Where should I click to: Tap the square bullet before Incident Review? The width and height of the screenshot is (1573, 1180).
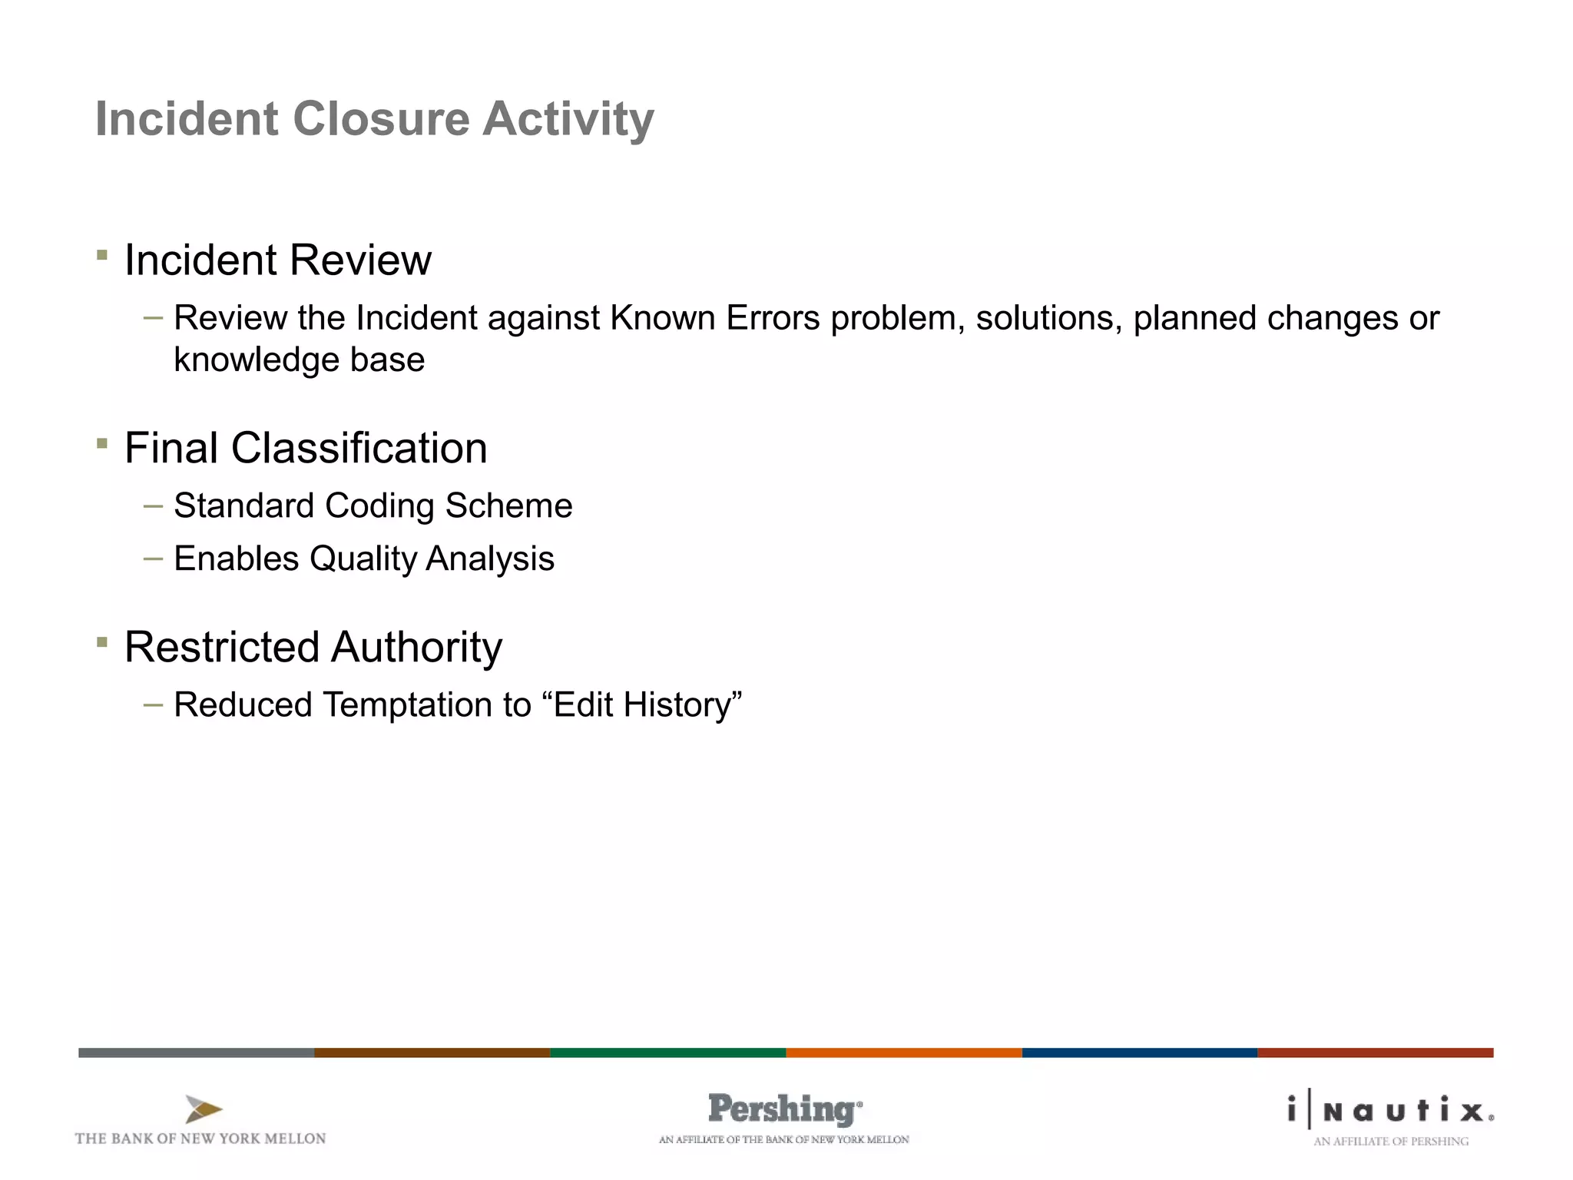click(x=102, y=255)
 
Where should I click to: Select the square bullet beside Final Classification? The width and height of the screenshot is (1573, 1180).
click(x=102, y=443)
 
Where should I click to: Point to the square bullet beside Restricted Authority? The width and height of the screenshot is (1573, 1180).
click(x=102, y=642)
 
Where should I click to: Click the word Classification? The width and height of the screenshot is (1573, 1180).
click(x=359, y=448)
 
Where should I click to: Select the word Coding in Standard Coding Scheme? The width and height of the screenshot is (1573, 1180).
click(x=379, y=506)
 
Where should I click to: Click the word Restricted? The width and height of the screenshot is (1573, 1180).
click(x=221, y=647)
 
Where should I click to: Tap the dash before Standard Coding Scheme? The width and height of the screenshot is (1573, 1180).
click(x=153, y=506)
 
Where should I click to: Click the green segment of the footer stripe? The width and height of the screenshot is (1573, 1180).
click(x=667, y=1052)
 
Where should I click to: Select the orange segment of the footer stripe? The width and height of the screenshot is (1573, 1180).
click(x=903, y=1052)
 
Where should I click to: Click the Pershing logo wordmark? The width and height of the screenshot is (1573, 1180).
click(x=783, y=1109)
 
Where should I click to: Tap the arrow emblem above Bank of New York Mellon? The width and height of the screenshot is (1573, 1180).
click(x=203, y=1109)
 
